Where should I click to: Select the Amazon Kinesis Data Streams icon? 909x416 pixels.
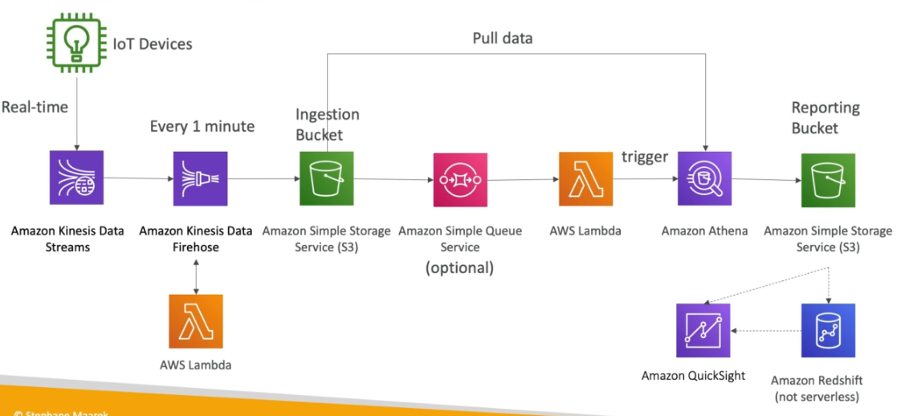point(75,178)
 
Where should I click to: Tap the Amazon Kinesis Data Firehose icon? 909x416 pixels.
point(200,178)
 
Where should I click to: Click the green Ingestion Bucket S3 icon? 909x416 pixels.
point(326,178)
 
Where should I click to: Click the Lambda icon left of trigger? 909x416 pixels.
point(585,178)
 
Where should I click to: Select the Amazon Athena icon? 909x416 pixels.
point(704,179)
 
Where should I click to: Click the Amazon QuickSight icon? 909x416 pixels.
point(703,330)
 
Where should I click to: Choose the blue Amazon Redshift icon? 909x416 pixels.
point(828,330)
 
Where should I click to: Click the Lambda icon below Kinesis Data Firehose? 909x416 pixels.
point(196,320)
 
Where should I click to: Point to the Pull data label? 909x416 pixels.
point(502,38)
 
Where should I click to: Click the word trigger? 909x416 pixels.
point(644,157)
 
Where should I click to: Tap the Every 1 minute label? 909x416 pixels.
point(202,126)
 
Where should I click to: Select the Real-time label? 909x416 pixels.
point(35,107)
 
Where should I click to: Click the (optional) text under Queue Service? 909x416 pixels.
point(459,267)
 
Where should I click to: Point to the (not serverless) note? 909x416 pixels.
point(817,397)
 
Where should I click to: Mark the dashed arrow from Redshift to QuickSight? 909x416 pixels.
point(766,330)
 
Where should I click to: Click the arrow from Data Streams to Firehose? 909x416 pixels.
point(137,178)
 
